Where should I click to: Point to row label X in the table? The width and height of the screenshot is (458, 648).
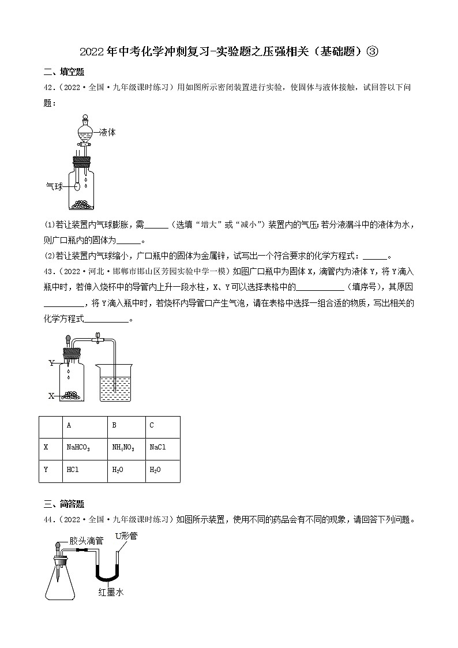[46, 447]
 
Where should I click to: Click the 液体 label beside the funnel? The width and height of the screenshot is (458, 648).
[107, 132]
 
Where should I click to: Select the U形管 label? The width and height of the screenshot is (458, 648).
[126, 536]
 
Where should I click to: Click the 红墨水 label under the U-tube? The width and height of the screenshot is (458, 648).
[110, 593]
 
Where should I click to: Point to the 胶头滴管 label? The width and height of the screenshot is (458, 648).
[86, 541]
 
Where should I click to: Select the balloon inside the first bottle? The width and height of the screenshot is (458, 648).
[77, 186]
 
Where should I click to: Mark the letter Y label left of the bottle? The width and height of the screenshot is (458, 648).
[51, 363]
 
